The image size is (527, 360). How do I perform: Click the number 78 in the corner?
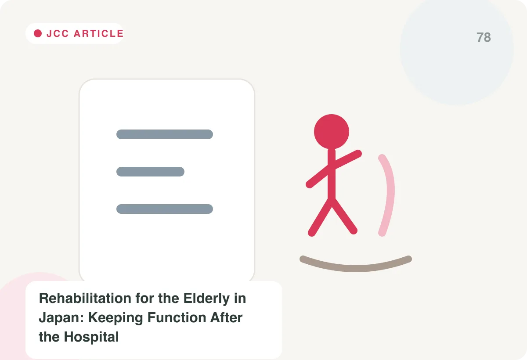[x=484, y=37]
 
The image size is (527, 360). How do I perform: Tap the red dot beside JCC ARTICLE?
[x=38, y=33]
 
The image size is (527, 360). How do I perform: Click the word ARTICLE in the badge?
[x=98, y=34]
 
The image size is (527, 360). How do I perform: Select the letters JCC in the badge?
[x=58, y=34]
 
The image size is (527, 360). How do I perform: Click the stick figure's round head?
[x=332, y=132]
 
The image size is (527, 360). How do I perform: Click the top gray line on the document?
[x=165, y=134]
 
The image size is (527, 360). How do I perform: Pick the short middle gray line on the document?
[x=150, y=172]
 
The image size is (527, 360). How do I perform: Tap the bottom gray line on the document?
[x=165, y=209]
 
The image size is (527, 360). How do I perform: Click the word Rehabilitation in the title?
[x=85, y=298]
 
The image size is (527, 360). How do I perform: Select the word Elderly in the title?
[x=206, y=299]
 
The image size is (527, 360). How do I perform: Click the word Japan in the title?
[x=61, y=318]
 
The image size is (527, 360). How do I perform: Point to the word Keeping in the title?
[x=116, y=318]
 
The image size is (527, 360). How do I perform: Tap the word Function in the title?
[x=177, y=317]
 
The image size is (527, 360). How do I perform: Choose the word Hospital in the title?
[x=91, y=337]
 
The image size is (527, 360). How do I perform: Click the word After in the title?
[x=226, y=317]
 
